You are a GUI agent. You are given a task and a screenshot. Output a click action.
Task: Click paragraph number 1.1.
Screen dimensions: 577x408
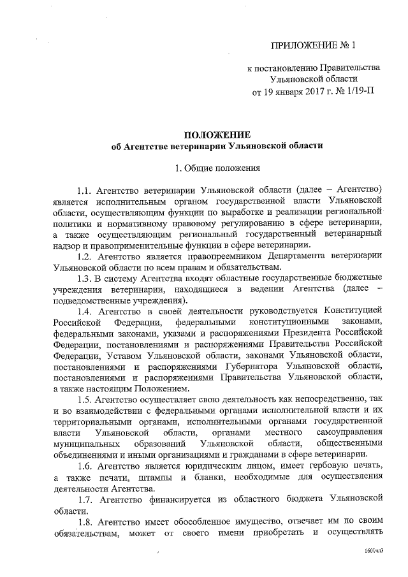pos(85,191)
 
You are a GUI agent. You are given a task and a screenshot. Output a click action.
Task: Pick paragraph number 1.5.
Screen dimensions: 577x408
pos(85,399)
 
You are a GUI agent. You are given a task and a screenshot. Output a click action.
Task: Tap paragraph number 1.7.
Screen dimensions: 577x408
pos(85,497)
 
